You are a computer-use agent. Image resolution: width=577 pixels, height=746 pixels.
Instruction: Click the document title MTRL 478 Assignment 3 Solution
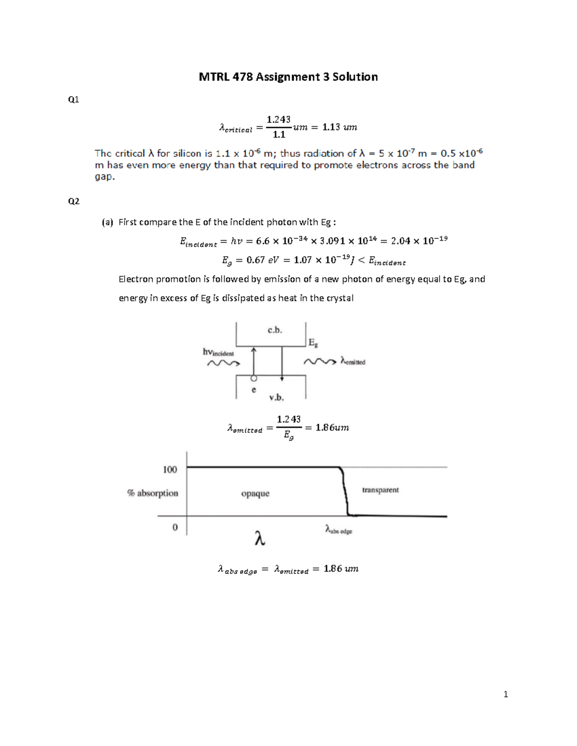[x=288, y=77]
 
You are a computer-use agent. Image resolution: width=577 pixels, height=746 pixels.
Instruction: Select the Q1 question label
[x=74, y=100]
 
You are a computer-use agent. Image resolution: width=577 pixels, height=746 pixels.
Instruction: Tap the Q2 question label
[x=74, y=201]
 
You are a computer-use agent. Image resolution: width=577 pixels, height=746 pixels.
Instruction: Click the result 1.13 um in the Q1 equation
[x=339, y=127]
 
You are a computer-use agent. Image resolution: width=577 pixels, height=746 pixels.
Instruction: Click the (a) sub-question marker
[x=107, y=222]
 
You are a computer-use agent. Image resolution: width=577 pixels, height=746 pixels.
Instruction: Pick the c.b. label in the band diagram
[x=275, y=330]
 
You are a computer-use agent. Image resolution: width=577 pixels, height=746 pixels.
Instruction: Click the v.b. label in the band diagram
[x=276, y=397]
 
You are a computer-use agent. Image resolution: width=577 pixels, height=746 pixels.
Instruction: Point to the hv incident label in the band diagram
[x=218, y=353]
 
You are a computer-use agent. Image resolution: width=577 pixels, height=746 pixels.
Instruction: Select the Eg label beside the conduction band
[x=313, y=343]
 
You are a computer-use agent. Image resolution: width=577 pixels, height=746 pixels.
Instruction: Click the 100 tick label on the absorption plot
[x=170, y=469]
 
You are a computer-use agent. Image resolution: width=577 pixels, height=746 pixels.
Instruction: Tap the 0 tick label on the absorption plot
[x=175, y=527]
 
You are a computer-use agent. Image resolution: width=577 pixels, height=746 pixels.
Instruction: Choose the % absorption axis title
[x=152, y=493]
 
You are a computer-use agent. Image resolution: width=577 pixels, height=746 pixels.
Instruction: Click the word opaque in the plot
[x=255, y=494]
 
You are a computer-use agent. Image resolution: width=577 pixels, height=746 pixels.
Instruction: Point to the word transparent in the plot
[x=380, y=490]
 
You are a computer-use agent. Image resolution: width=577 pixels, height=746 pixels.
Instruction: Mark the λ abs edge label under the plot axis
[x=339, y=530]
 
